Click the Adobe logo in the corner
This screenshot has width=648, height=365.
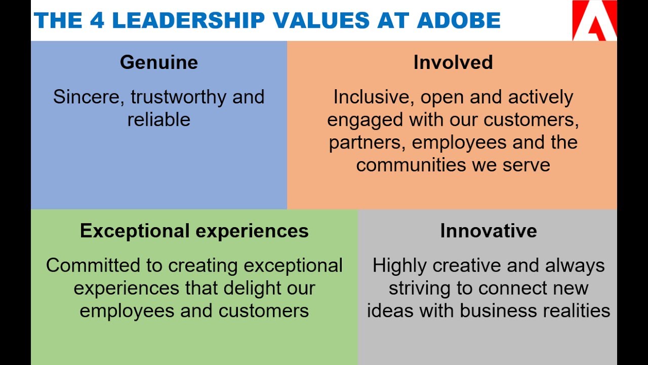pos(594,20)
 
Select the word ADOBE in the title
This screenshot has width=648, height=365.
pos(459,21)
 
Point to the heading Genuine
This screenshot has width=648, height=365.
pos(159,62)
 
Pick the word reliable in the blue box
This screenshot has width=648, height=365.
pos(159,120)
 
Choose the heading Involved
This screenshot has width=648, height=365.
pos(453,62)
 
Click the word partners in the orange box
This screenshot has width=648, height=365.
pos(367,142)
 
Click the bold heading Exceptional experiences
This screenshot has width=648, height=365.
pos(194,231)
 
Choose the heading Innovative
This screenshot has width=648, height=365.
pos(489,231)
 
